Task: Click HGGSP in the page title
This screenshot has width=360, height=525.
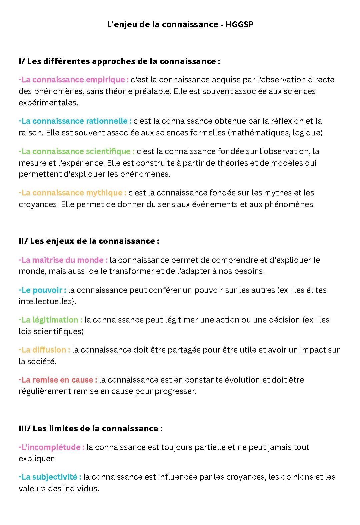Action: [239, 24]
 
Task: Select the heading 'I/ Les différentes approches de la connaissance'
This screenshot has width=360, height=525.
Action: [119, 61]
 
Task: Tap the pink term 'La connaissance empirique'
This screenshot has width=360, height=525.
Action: [74, 80]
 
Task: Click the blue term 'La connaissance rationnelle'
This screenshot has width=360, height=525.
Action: [75, 121]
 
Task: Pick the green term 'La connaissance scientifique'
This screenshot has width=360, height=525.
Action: [77, 151]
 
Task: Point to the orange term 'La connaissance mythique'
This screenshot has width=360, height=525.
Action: [72, 193]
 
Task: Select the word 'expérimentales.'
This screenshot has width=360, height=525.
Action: [48, 103]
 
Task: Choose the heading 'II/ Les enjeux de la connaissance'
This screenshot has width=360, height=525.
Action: [89, 241]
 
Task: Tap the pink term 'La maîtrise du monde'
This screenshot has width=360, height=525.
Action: [63, 260]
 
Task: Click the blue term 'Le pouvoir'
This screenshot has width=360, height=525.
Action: [42, 290]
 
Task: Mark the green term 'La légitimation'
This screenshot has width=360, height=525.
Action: [50, 320]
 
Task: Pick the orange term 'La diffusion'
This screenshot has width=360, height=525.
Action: [44, 350]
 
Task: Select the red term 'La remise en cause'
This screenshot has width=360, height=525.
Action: [58, 380]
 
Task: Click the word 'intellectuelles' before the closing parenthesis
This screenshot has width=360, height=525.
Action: [46, 302]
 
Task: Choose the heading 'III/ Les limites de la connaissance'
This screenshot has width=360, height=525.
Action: [90, 429]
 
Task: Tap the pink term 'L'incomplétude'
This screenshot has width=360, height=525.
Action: [51, 447]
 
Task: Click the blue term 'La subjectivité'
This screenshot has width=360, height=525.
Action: [50, 477]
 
